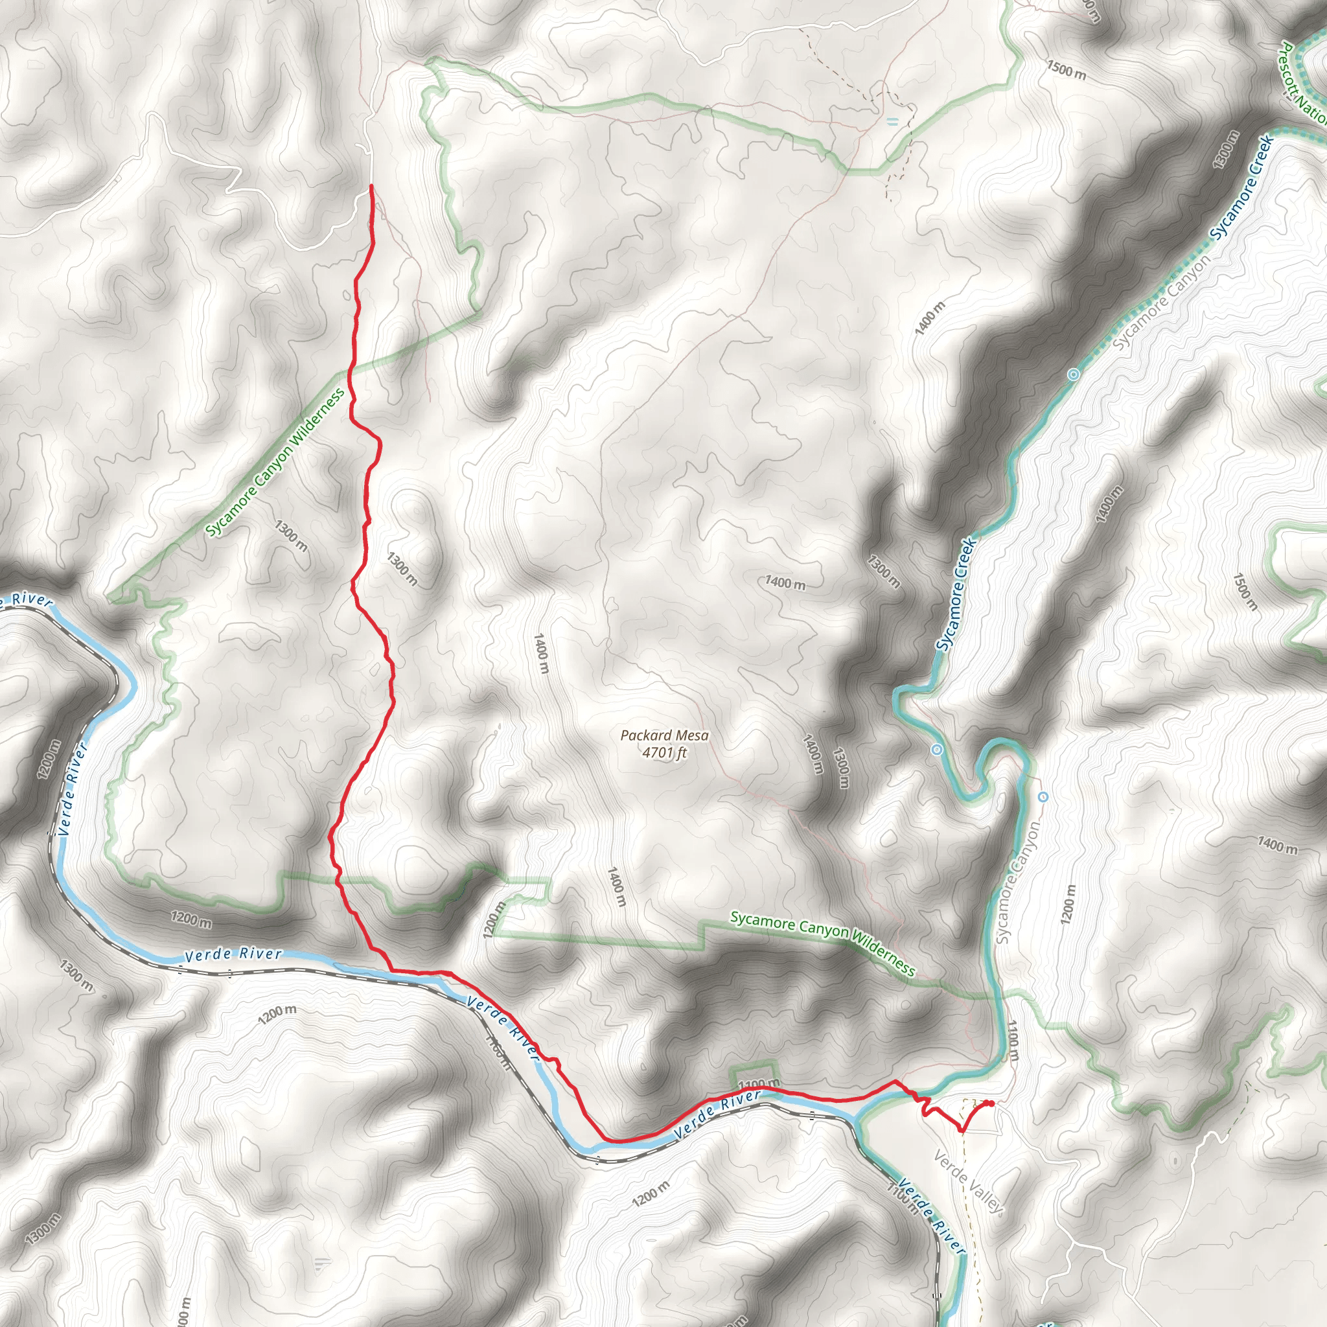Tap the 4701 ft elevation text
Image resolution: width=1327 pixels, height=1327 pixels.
[664, 753]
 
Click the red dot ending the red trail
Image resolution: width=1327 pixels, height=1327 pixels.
[991, 1103]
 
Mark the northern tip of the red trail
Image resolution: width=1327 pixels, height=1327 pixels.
[371, 186]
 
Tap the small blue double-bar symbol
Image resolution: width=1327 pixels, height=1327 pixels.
[892, 122]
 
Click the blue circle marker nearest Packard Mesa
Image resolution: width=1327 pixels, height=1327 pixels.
[937, 750]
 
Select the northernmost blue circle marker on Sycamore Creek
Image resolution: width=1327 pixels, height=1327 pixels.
[1074, 375]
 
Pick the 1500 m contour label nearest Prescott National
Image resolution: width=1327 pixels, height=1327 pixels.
[1067, 69]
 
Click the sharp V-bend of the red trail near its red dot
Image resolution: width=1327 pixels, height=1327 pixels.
[962, 1130]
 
